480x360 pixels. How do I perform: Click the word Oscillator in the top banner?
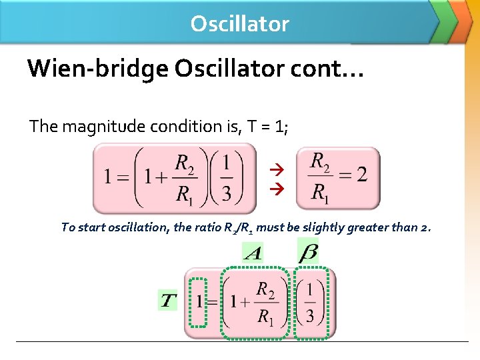tap(239, 24)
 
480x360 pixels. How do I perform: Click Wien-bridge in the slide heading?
tap(88, 68)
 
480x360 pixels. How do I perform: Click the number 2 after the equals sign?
tap(361, 175)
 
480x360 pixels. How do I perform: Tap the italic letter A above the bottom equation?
tap(253, 253)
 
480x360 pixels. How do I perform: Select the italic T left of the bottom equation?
tap(168, 301)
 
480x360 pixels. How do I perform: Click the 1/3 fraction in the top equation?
tap(226, 177)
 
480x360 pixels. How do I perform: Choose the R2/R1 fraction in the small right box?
tap(320, 177)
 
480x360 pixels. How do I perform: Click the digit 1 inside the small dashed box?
tap(199, 301)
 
